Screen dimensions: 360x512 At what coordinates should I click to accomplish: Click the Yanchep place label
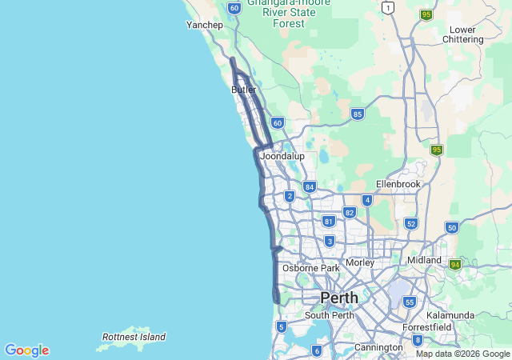coord(204,25)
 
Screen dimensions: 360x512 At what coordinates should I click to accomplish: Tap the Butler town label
coord(243,90)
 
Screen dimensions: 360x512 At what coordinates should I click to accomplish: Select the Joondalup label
coord(282,156)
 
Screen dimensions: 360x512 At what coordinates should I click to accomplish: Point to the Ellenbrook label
coord(398,184)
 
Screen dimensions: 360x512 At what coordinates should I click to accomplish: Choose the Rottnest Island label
coord(134,337)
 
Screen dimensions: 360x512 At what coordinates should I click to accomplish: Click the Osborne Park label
coord(311,268)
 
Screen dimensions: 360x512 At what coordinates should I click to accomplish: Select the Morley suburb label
coord(360,262)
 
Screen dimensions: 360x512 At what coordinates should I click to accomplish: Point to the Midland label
coord(424,260)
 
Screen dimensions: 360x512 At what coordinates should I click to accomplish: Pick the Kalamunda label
coord(451,315)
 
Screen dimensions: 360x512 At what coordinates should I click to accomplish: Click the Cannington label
coord(378,347)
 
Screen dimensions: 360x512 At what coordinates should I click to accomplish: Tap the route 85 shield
coord(358,114)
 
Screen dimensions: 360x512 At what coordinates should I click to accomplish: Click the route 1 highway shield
coord(388,8)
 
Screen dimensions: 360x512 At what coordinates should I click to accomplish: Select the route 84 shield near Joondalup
coord(309,186)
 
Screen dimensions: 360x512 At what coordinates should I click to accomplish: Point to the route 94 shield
coord(455,264)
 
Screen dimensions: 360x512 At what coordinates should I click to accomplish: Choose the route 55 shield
coord(410,302)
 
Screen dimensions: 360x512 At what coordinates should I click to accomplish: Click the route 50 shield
coord(452,228)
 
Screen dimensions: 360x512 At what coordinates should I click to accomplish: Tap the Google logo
coord(26,350)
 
